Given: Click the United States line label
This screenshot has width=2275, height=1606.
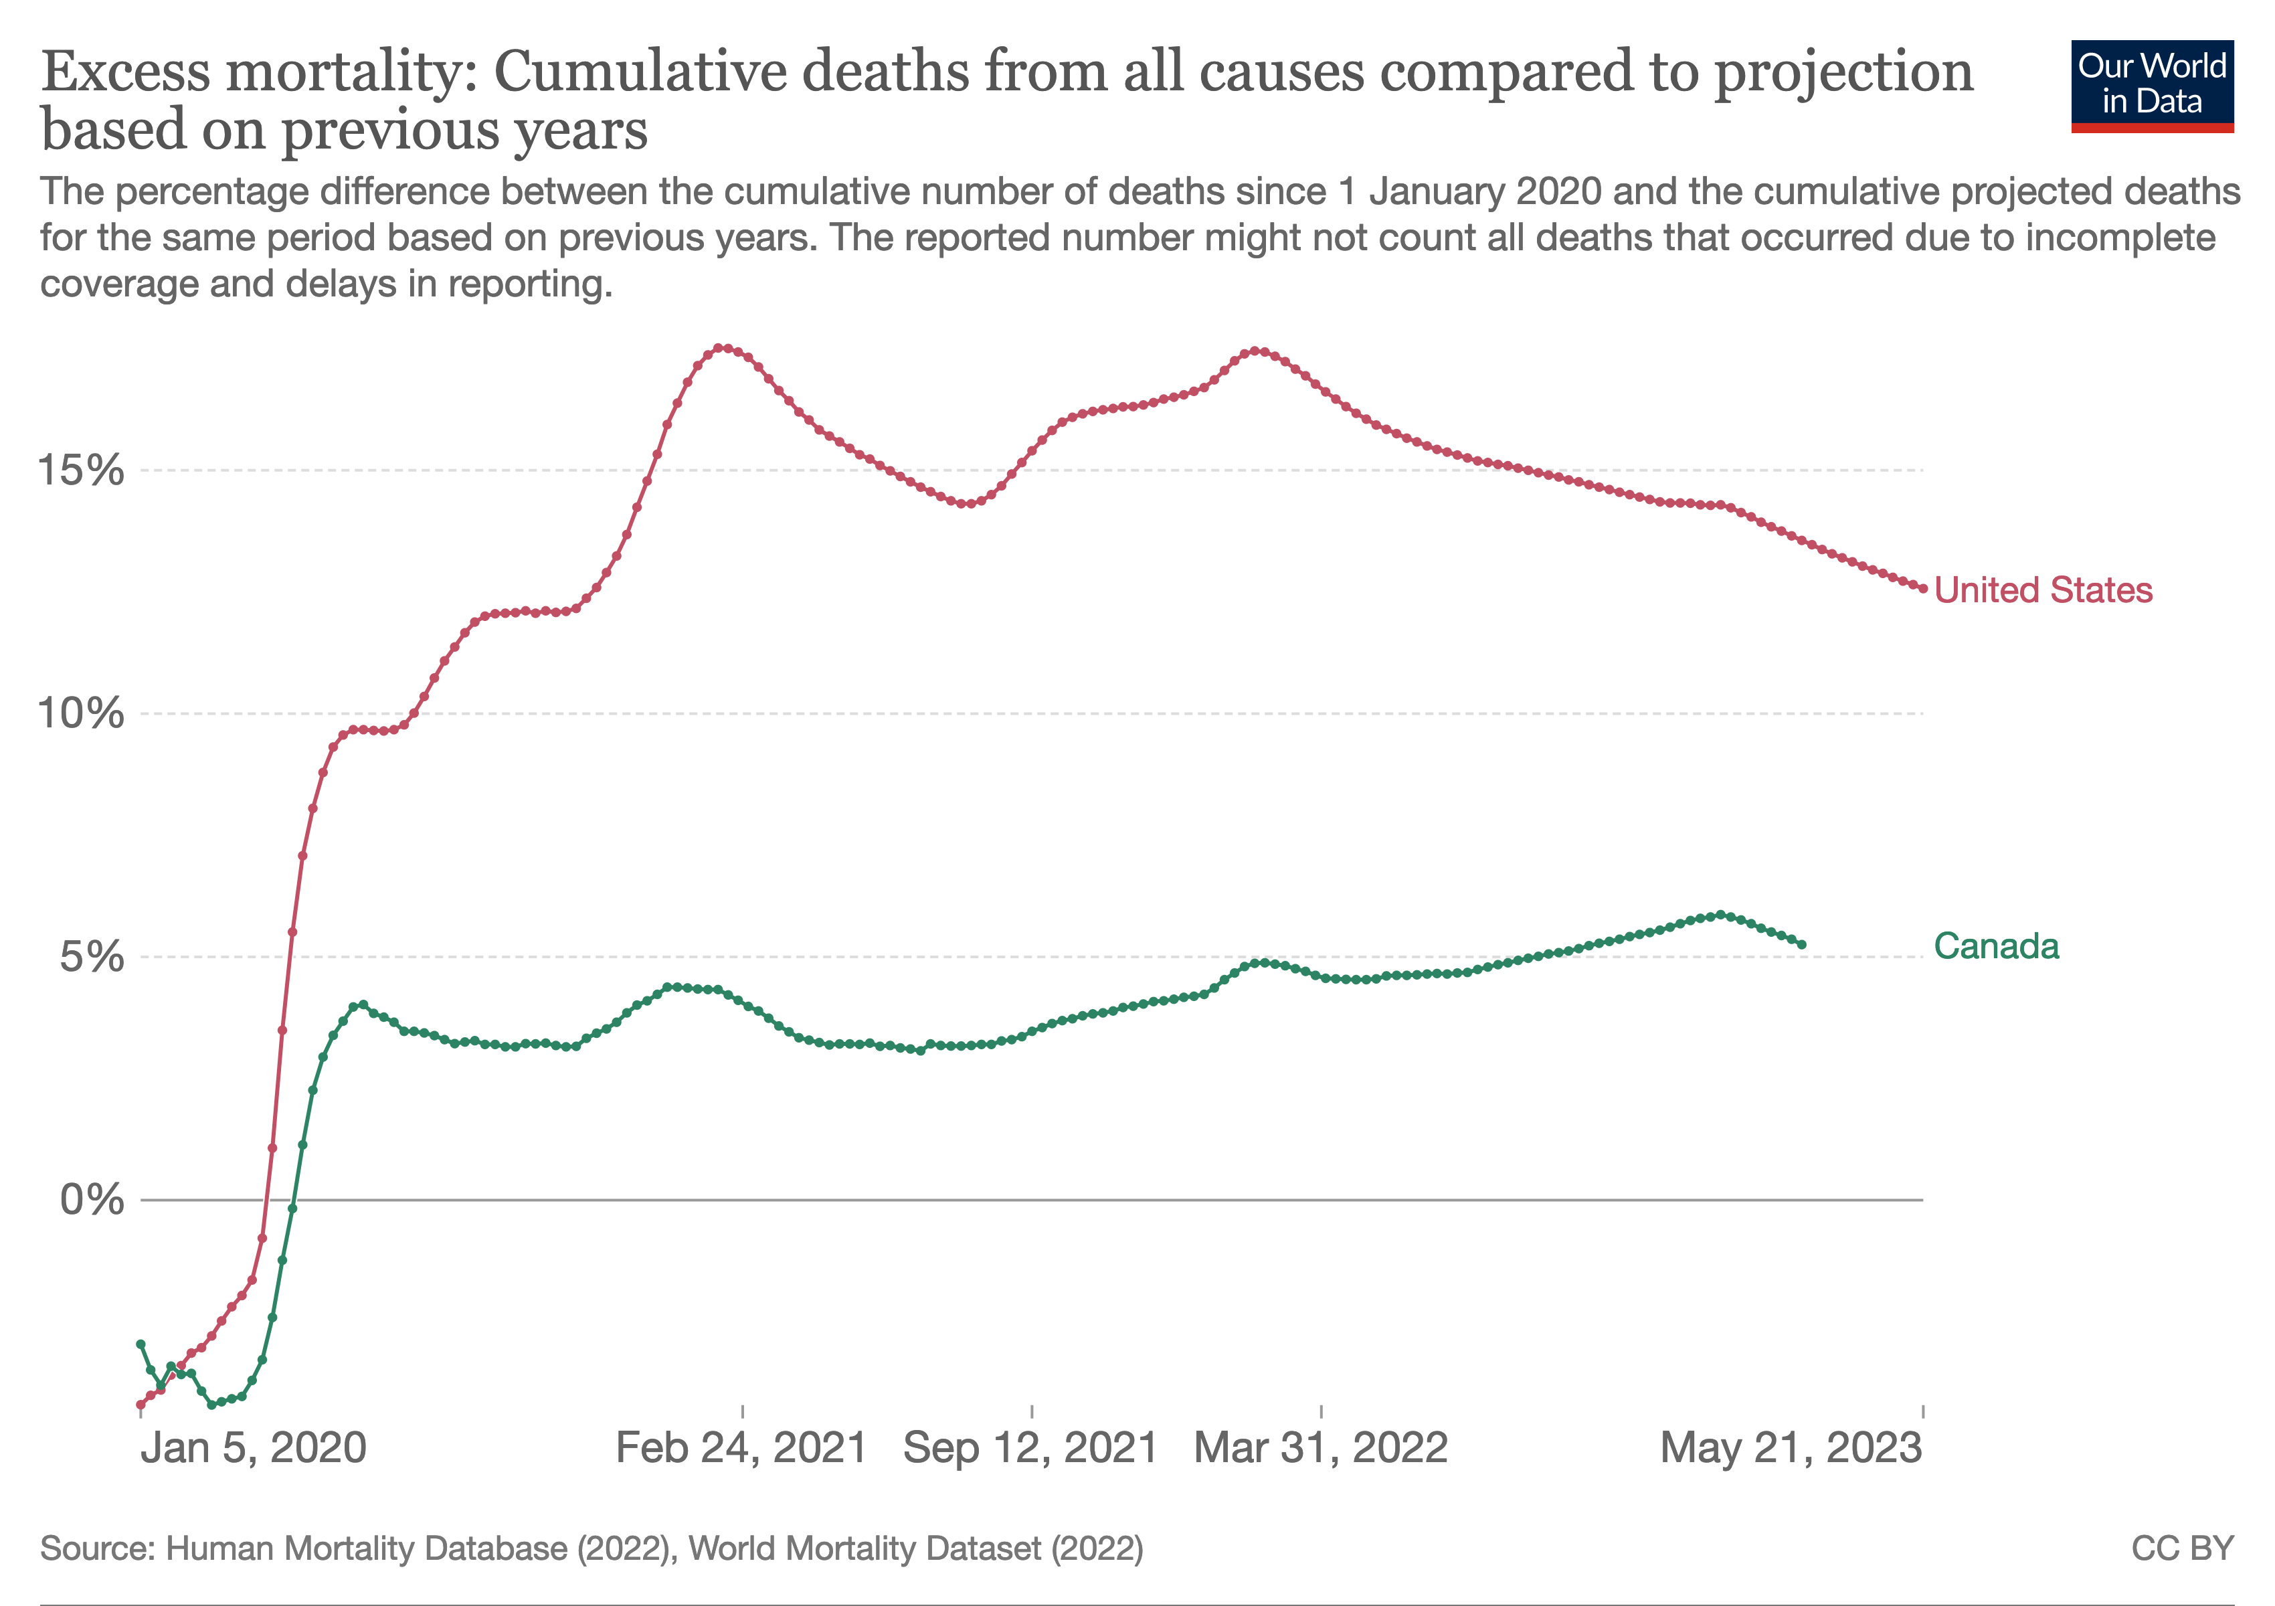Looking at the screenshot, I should [2042, 590].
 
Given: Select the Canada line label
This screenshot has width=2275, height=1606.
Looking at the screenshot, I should [1995, 946].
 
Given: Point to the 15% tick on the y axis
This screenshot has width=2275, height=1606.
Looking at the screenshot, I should [81, 470].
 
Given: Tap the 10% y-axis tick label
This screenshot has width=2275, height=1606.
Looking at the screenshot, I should [81, 713].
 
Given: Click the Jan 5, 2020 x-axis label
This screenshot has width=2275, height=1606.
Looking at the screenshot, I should [254, 1447].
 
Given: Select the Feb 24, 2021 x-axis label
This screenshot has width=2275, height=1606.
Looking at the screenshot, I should [741, 1447].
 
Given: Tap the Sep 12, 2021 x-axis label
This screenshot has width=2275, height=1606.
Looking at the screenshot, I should [1030, 1447].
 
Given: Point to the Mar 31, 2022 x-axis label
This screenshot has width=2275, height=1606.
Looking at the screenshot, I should [1321, 1447].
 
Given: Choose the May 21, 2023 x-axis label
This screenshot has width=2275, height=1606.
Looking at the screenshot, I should [1791, 1447].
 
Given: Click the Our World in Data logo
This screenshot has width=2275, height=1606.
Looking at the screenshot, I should [2152, 86].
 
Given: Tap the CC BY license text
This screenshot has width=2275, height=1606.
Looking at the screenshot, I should [2183, 1548].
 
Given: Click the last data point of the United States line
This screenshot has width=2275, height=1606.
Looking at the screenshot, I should [1923, 588].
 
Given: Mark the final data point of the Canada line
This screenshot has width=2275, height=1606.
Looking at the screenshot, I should [1801, 945].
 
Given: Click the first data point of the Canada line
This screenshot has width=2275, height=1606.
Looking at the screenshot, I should [141, 1344].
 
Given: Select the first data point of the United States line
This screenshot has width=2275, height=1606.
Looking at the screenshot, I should [141, 1405].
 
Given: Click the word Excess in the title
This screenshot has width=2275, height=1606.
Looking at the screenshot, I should [126, 72].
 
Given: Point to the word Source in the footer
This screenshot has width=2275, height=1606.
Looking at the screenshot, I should [97, 1548].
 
